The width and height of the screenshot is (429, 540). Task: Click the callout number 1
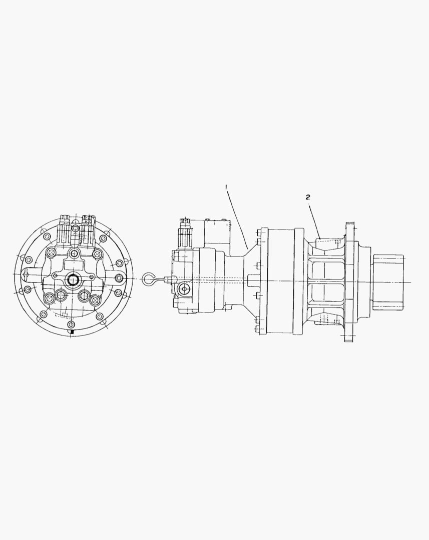click(226, 187)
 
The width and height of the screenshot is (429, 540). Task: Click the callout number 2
click(308, 197)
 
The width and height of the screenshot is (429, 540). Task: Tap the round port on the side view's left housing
click(184, 289)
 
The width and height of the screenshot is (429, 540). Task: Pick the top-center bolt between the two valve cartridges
click(75, 228)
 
